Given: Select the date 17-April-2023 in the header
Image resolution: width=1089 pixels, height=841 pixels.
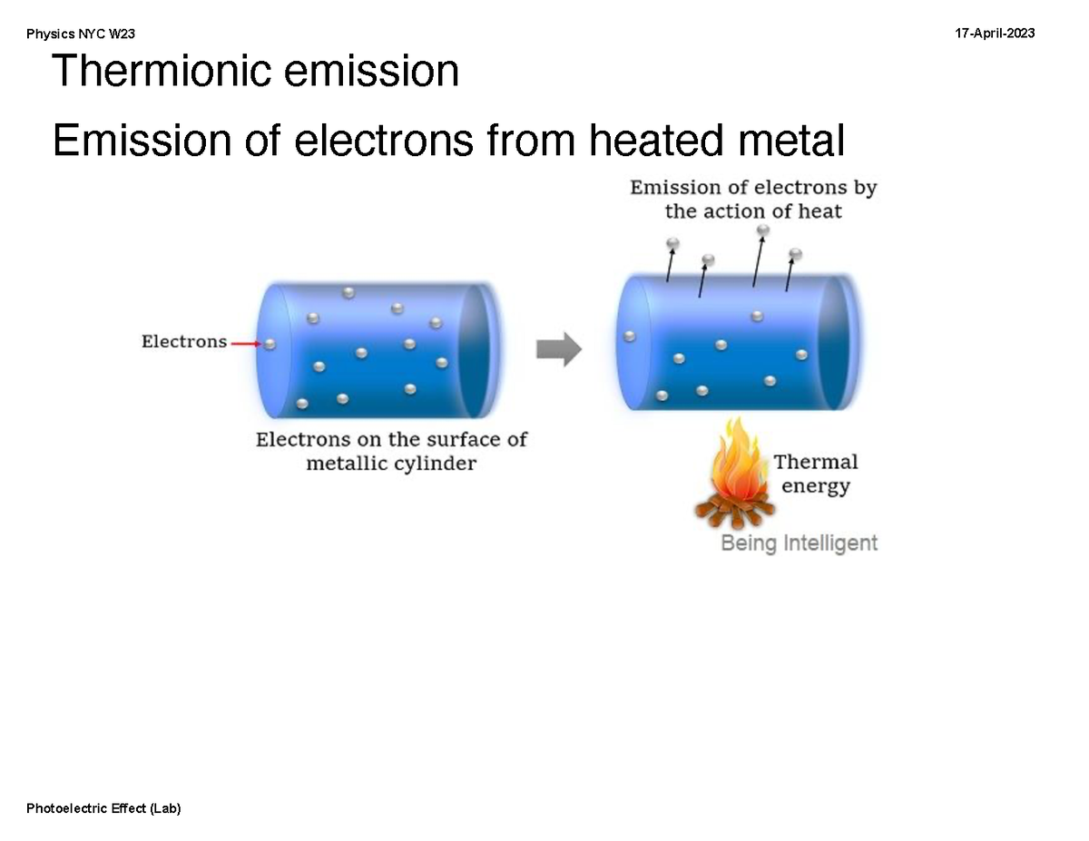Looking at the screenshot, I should (x=995, y=34).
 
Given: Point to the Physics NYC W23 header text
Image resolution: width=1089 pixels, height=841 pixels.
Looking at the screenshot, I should (x=81, y=34).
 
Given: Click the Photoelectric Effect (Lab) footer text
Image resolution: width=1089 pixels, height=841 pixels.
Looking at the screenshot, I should (x=103, y=808).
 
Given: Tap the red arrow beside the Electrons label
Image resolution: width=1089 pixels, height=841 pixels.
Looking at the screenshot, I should (x=245, y=344).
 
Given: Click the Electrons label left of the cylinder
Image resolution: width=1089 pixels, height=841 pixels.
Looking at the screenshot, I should (x=183, y=342).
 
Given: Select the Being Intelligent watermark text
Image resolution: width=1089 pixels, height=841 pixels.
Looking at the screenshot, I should (x=799, y=543).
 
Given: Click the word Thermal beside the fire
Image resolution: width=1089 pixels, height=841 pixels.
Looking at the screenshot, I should (x=815, y=462).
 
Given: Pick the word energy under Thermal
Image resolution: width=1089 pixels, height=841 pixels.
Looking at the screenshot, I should (x=815, y=486).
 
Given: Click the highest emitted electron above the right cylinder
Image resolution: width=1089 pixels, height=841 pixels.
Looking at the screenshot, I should (x=762, y=230).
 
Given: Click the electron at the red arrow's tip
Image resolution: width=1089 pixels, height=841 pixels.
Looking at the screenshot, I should (x=270, y=344).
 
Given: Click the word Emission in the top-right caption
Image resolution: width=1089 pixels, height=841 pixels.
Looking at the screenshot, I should (x=674, y=188).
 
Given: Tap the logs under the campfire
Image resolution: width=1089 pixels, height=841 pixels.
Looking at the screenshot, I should (x=733, y=513).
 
